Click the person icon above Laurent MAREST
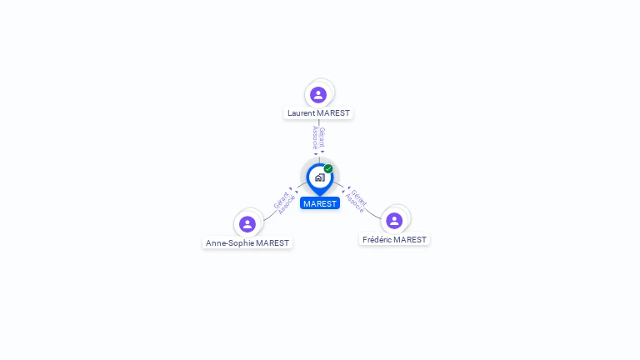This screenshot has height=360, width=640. pyautogui.click(x=318, y=95)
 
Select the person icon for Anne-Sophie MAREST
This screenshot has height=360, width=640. pyautogui.click(x=247, y=224)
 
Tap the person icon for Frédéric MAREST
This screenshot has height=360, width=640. pyautogui.click(x=394, y=221)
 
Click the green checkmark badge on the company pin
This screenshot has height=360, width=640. pyautogui.click(x=328, y=168)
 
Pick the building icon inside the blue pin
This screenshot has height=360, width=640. pyautogui.click(x=320, y=177)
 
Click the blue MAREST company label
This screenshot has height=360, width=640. pyautogui.click(x=320, y=203)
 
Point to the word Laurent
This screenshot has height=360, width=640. pyautogui.click(x=301, y=113)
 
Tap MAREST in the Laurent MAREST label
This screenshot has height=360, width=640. pyautogui.click(x=333, y=113)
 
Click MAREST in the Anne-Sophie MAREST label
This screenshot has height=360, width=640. pyautogui.click(x=272, y=243)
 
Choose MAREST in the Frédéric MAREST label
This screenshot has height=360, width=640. pyautogui.click(x=411, y=240)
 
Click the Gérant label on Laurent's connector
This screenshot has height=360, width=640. pyautogui.click(x=322, y=137)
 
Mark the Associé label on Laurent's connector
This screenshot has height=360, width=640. pyautogui.click(x=315, y=137)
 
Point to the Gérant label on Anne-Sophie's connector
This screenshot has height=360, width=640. pyautogui.click(x=281, y=200)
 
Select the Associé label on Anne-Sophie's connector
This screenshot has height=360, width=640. pyautogui.click(x=287, y=205)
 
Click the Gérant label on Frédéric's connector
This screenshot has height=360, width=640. pyautogui.click(x=359, y=198)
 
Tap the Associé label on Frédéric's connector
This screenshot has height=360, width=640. pyautogui.click(x=354, y=202)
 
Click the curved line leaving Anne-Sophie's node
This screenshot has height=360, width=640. pyautogui.click(x=270, y=217)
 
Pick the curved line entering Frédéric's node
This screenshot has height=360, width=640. pyautogui.click(x=372, y=214)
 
